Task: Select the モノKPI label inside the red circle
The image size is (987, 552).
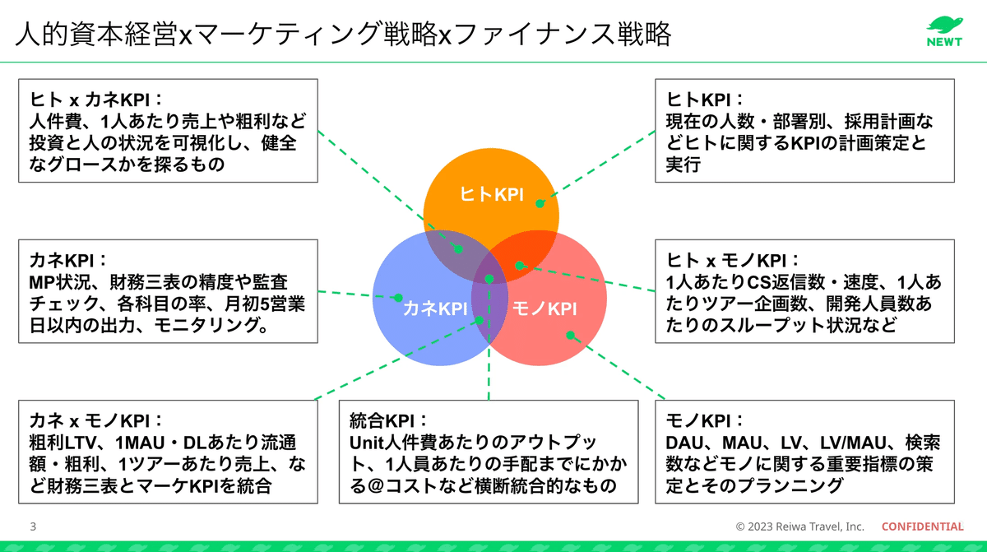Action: tap(544, 308)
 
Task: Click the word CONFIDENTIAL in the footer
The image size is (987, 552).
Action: tap(922, 526)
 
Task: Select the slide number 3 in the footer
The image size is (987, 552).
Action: tap(33, 526)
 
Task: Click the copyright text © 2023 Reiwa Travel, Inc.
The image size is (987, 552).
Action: tap(799, 526)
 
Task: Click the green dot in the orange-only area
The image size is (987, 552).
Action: tap(540, 202)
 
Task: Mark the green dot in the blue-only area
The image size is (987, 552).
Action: tap(396, 298)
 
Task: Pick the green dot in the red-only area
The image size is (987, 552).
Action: tap(569, 335)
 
